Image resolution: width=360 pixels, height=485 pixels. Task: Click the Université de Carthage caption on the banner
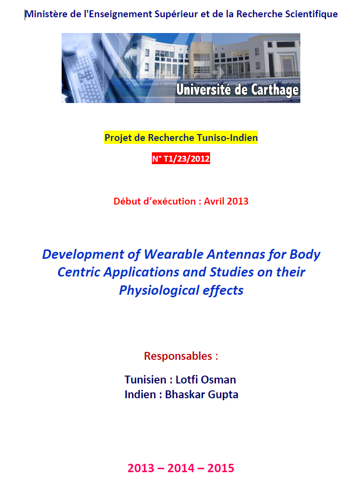coord(237,90)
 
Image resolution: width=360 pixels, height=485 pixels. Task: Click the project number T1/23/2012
coord(186,159)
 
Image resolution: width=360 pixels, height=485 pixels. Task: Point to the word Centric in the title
coord(79,272)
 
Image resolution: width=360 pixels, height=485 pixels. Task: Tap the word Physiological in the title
coord(159,290)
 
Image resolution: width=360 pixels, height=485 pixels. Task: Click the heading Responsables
coord(178,356)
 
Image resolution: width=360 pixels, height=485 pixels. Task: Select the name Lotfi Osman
coord(206,380)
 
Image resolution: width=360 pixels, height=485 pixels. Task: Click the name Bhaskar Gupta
coord(202,394)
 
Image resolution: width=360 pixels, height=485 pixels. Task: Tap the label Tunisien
coord(145,380)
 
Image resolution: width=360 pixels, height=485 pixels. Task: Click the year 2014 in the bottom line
coord(181,468)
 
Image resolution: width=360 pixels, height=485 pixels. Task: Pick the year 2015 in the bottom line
coord(221,468)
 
